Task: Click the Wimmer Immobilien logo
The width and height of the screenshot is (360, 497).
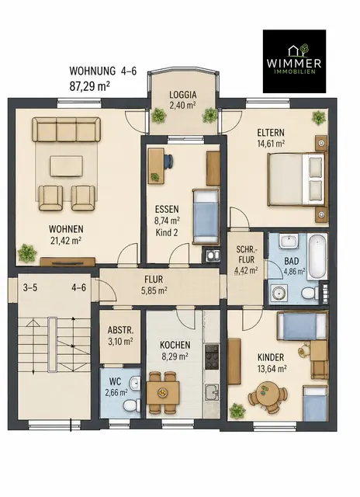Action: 294,61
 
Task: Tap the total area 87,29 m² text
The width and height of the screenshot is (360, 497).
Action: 89,86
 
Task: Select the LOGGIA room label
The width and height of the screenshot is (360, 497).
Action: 182,95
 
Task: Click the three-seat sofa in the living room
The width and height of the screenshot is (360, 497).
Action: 66,130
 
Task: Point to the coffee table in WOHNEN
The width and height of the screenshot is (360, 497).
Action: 67,166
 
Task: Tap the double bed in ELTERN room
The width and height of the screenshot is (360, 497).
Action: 296,179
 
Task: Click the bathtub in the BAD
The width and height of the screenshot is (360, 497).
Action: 317,256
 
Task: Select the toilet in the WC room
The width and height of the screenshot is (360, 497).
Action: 131,405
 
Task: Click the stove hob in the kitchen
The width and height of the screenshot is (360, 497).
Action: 212,357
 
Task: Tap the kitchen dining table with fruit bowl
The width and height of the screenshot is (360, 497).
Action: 163,392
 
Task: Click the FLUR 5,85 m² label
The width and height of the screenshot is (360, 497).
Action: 154,285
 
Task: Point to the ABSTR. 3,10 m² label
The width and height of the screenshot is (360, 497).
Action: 120,335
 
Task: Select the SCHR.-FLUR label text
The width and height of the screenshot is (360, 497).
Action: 247,255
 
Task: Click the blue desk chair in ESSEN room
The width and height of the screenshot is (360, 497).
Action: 168,161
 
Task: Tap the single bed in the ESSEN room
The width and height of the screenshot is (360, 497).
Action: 206,217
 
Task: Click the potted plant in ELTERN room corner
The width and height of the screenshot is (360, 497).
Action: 318,117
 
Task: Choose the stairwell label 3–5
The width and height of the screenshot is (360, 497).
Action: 30,288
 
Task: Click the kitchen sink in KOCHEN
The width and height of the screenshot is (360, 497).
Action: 212,392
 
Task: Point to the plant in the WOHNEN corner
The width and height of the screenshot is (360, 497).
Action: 26,253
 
